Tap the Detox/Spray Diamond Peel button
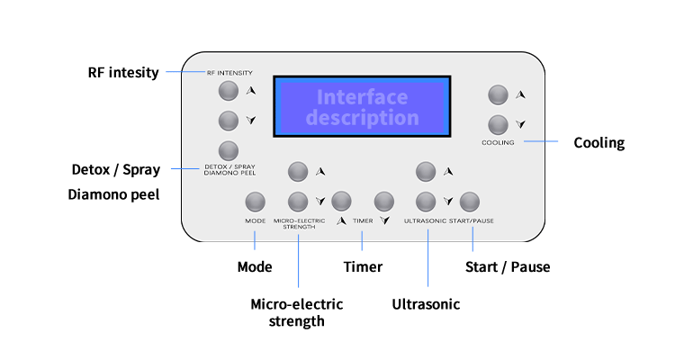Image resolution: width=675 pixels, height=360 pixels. (229, 149)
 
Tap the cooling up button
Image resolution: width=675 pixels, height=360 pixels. (498, 94)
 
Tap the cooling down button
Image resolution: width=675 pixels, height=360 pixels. (498, 124)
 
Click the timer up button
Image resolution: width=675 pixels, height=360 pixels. (341, 200)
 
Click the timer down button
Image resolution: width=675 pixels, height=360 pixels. (385, 200)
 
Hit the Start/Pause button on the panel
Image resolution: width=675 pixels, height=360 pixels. (469, 200)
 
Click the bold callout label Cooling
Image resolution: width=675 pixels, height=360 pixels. (598, 142)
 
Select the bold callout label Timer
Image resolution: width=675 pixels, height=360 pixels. (363, 266)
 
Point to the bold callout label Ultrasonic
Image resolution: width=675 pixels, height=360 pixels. (426, 304)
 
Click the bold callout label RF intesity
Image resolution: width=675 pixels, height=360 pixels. (123, 72)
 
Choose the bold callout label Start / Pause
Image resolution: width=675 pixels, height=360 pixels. (507, 266)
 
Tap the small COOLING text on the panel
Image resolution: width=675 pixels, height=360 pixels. (498, 142)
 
